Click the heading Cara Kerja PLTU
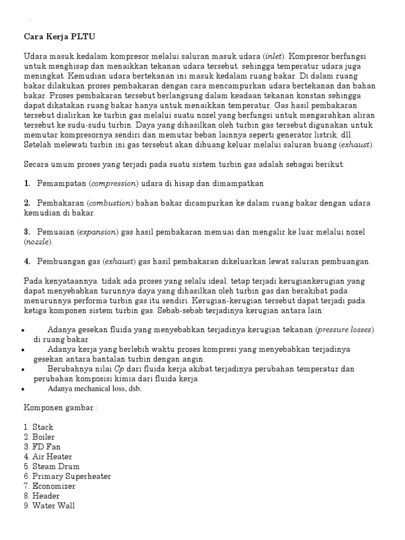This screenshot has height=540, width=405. click(x=60, y=37)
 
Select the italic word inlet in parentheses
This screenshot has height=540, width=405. click(x=274, y=56)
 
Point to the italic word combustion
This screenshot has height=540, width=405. click(x=110, y=203)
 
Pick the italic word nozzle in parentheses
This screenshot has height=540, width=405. click(x=38, y=242)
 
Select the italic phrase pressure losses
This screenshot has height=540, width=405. click(x=345, y=330)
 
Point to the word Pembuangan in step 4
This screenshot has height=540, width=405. click(x=62, y=261)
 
